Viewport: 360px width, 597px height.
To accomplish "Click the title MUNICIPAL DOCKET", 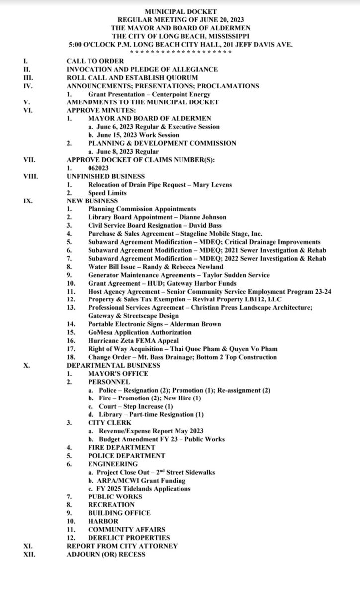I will (180, 11).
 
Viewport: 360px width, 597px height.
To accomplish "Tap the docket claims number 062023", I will (99, 168).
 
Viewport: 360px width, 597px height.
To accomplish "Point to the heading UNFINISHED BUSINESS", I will (105, 176).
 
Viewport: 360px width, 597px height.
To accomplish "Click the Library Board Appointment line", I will (157, 217).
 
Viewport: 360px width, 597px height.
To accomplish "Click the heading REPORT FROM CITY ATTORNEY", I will (122, 546).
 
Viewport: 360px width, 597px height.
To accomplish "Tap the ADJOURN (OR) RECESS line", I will (106, 554).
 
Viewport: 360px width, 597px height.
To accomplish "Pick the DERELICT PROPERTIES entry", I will (129, 538).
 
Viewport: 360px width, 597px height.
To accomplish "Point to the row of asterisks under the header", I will (180, 52).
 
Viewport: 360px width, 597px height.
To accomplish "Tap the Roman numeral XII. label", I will (28, 554).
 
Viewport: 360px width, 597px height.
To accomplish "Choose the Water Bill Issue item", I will (156, 267).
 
